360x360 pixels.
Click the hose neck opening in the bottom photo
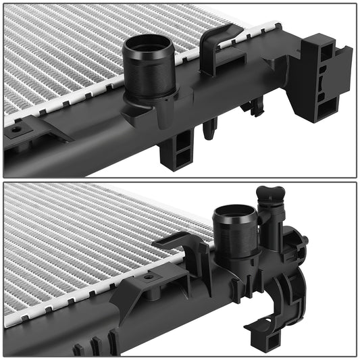coord(234,216)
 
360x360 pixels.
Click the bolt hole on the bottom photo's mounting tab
coord(148,277)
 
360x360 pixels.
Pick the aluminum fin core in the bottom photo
coord(74,243)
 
